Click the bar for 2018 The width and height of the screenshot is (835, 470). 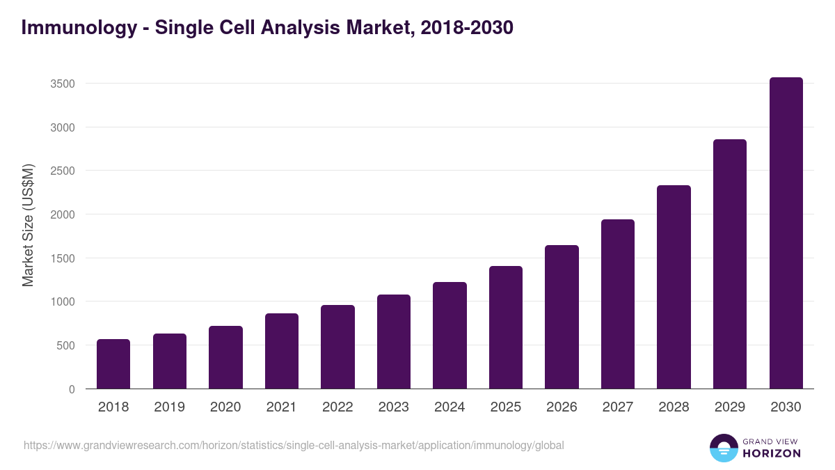113,364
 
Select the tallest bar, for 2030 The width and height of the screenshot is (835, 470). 786,233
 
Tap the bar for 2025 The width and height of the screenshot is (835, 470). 506,327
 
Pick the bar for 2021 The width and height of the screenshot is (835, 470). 282,351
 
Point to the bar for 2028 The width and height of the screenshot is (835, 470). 674,287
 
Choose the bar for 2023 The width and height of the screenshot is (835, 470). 394,342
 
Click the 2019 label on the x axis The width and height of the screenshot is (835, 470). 170,407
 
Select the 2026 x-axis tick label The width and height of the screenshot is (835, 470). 562,407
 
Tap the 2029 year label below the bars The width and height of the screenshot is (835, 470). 730,407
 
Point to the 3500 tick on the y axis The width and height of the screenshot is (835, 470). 63,84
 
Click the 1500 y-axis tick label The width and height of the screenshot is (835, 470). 63,258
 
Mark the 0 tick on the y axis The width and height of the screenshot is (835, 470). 71,389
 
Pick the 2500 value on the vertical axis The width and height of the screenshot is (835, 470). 63,171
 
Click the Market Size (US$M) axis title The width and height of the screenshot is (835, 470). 28,226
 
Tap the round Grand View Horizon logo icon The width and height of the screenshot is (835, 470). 724,448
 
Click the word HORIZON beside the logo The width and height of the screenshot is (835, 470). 772,453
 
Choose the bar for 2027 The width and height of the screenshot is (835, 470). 618,304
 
